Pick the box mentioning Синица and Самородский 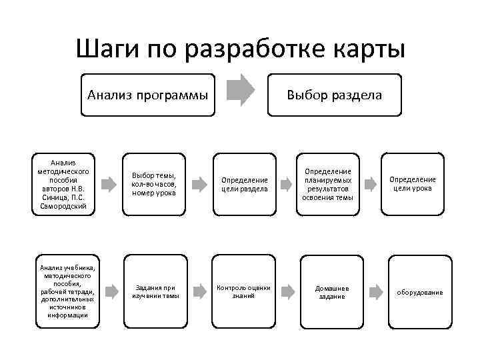pos(64,184)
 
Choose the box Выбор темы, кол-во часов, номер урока pos(154,184)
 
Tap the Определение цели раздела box pos(245,184)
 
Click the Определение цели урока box pos(411,184)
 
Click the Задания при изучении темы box pos(155,291)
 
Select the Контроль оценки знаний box pos(243,291)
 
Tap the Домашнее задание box pos(331,291)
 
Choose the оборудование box pos(420,292)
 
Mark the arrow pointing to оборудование pos(376,291)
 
